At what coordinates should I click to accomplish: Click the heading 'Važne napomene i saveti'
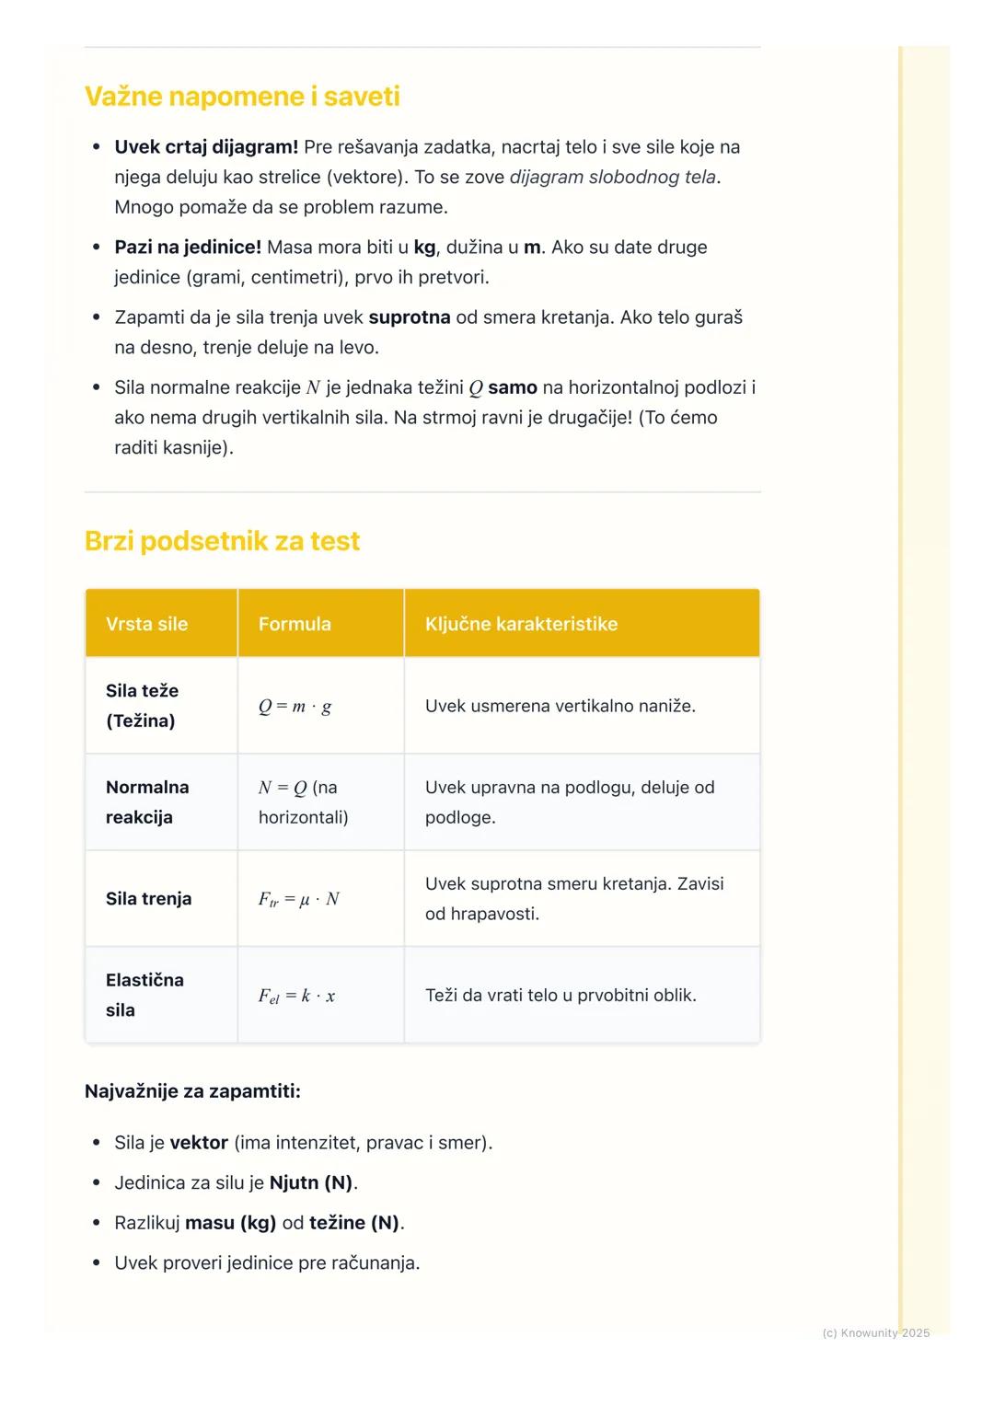(242, 97)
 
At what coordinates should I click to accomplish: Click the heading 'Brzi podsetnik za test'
(222, 541)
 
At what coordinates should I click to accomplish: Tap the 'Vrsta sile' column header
(146, 624)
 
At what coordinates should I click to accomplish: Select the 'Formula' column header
(295, 624)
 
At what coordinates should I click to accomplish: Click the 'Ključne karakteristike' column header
(521, 624)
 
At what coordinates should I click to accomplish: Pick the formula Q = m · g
(295, 707)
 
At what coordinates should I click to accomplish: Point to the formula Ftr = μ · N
(298, 899)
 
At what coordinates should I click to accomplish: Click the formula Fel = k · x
(296, 996)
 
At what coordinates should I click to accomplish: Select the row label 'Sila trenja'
(148, 899)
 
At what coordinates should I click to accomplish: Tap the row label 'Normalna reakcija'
(146, 802)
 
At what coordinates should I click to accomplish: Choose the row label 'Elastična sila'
(144, 995)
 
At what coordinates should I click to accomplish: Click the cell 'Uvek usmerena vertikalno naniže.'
(560, 707)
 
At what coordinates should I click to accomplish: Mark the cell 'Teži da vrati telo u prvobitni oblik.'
(561, 996)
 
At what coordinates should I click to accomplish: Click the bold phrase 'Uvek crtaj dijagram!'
(206, 147)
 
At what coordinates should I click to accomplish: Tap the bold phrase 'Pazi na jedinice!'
(188, 248)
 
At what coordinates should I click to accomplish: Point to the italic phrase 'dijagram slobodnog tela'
(612, 178)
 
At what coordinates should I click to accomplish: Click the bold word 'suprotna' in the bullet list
(410, 317)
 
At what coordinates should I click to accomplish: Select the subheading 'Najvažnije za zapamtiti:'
(192, 1091)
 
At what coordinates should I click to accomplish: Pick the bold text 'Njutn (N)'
(311, 1183)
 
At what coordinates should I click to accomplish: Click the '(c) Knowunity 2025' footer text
(875, 1333)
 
